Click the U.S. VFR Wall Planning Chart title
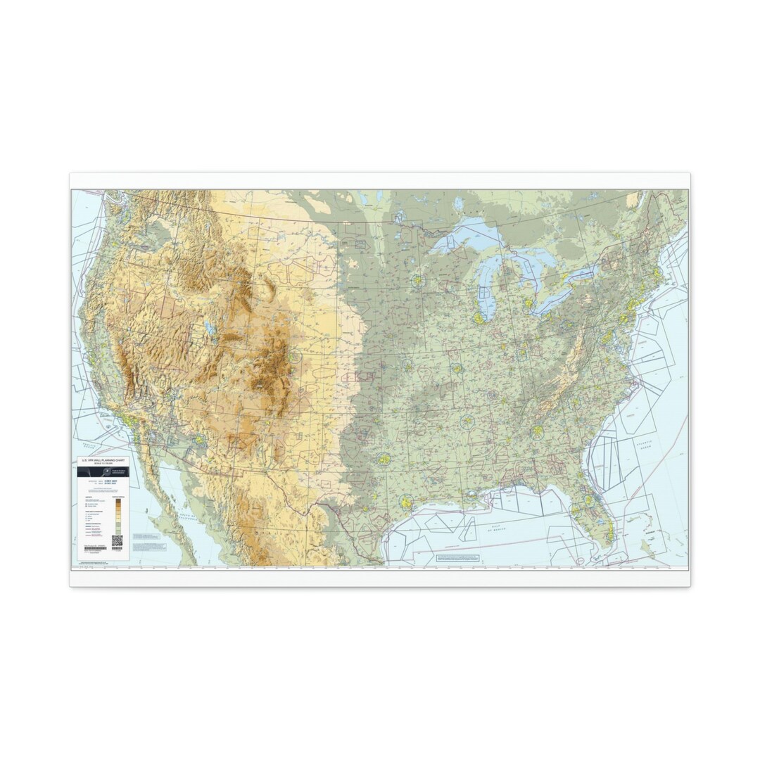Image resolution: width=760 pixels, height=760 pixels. pos(102,461)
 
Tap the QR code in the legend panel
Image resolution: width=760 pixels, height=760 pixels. pos(117,540)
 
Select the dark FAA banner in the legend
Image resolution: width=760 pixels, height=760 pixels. pos(103,472)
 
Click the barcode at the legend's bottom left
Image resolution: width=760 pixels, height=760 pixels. pos(94,547)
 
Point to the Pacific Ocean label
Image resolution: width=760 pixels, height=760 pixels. pos(89,445)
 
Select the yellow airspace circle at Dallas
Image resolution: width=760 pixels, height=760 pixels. pos(384,460)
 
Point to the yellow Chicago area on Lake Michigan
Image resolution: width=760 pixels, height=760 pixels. pos(479,318)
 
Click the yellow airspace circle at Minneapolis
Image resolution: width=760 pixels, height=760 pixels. pos(418,280)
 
